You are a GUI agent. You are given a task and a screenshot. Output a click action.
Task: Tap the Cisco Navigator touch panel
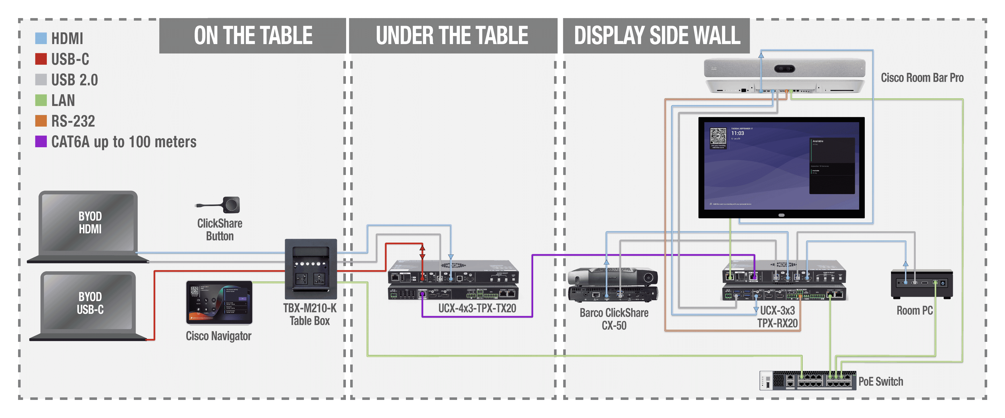coord(219,302)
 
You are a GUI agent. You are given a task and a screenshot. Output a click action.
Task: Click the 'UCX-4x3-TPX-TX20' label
coord(477,308)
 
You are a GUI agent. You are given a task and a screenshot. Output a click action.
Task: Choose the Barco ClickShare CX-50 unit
coord(613,285)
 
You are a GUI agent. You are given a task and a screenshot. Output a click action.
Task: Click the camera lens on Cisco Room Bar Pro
coord(784,69)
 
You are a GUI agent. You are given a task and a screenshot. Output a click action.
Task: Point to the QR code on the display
coord(718,137)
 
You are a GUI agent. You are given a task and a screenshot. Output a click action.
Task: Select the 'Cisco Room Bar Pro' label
coord(922,78)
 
